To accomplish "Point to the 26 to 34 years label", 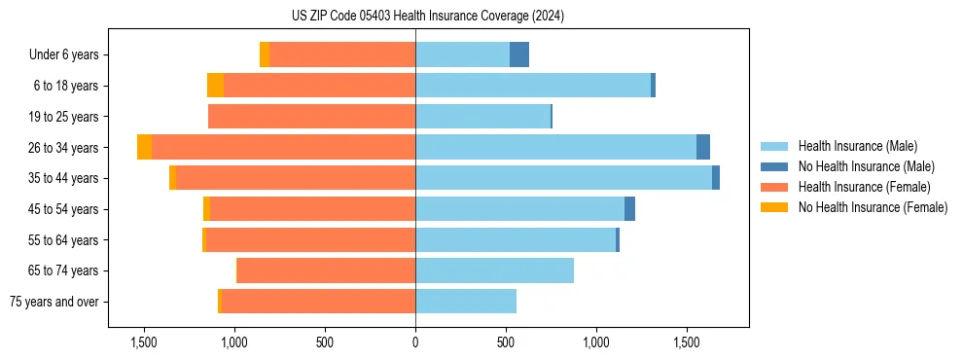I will click(66, 148).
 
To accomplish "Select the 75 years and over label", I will click(54, 302).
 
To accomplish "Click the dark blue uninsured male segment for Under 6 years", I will click(519, 55).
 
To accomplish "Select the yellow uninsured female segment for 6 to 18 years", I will click(215, 86).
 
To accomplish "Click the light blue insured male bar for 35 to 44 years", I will click(563, 178).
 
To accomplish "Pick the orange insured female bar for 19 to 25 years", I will click(311, 117).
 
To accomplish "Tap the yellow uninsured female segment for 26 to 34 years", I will click(144, 148).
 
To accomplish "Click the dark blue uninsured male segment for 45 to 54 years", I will click(629, 209).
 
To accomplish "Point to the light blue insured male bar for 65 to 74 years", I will click(494, 270).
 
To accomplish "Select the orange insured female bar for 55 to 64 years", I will click(310, 240).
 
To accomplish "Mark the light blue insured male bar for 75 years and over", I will click(465, 302).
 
